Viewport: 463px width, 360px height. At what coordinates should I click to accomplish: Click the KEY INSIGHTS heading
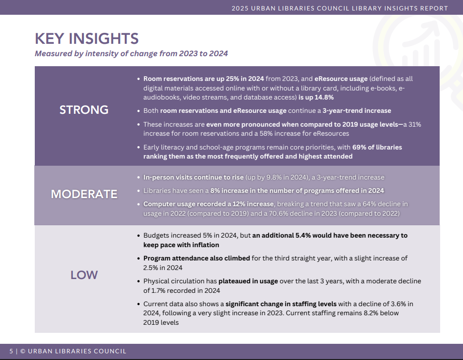pyautogui.click(x=87, y=38)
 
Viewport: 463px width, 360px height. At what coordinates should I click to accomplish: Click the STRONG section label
pyautogui.click(x=84, y=110)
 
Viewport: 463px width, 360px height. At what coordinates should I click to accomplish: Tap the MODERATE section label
pyautogui.click(x=84, y=194)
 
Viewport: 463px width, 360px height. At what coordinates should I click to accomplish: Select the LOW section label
pyautogui.click(x=84, y=275)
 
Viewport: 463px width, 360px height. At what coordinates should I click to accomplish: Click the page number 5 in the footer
pyautogui.click(x=11, y=351)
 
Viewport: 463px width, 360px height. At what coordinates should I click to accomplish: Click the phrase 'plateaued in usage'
pyautogui.click(x=248, y=281)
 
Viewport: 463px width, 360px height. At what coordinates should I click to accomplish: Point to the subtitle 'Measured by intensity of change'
pyautogui.click(x=131, y=53)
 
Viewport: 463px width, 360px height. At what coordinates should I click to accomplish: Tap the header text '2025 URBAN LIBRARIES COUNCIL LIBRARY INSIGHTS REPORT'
pyautogui.click(x=340, y=8)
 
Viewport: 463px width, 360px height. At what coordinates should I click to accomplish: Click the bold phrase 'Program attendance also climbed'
pyautogui.click(x=196, y=258)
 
